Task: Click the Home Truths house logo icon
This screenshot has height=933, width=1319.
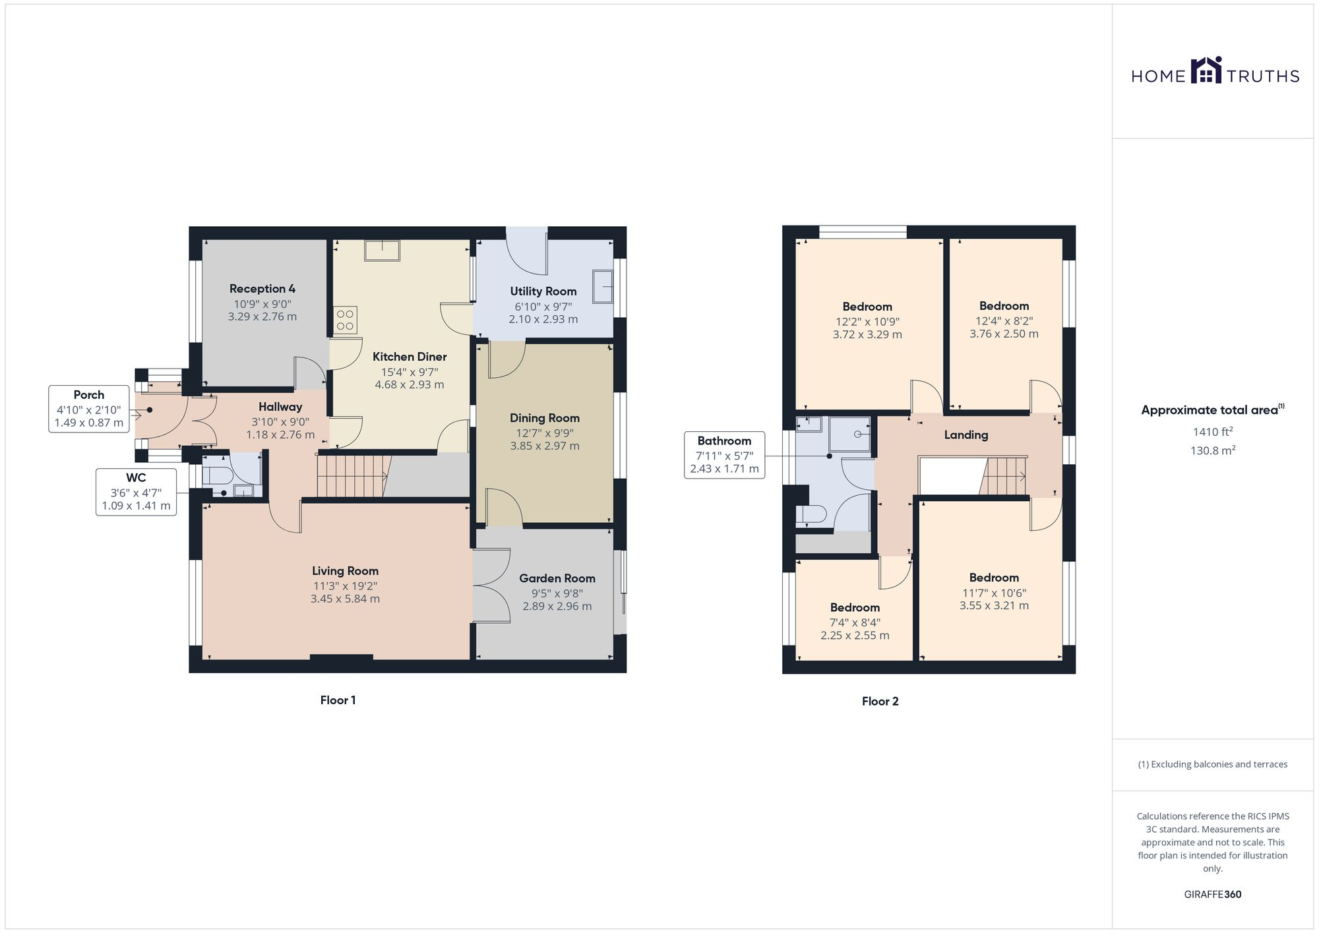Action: [1206, 71]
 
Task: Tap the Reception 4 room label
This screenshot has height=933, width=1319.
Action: [262, 289]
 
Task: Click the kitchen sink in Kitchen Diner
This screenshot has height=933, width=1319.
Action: [382, 251]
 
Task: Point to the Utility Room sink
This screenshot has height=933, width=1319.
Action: [602, 286]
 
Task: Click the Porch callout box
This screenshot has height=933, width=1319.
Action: [88, 409]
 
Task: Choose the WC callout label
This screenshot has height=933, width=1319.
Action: [136, 492]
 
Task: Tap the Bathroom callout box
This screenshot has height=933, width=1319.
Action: [724, 455]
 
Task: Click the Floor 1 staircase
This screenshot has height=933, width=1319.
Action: [351, 475]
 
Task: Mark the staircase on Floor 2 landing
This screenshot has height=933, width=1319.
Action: [1004, 475]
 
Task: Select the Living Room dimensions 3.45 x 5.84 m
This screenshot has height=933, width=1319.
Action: [345, 599]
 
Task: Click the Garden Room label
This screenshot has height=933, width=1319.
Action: [557, 578]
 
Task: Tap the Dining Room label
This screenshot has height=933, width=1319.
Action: [544, 418]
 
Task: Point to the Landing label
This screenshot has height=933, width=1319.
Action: [966, 435]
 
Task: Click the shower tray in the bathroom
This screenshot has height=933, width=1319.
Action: [849, 434]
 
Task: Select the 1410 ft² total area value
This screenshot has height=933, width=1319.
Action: [1212, 433]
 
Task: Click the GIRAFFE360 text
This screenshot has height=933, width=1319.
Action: [1212, 895]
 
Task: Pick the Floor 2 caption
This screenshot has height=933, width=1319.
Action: [880, 702]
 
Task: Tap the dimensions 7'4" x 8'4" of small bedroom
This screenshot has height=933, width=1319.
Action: [855, 622]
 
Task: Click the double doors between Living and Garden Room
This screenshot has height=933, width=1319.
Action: [491, 586]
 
